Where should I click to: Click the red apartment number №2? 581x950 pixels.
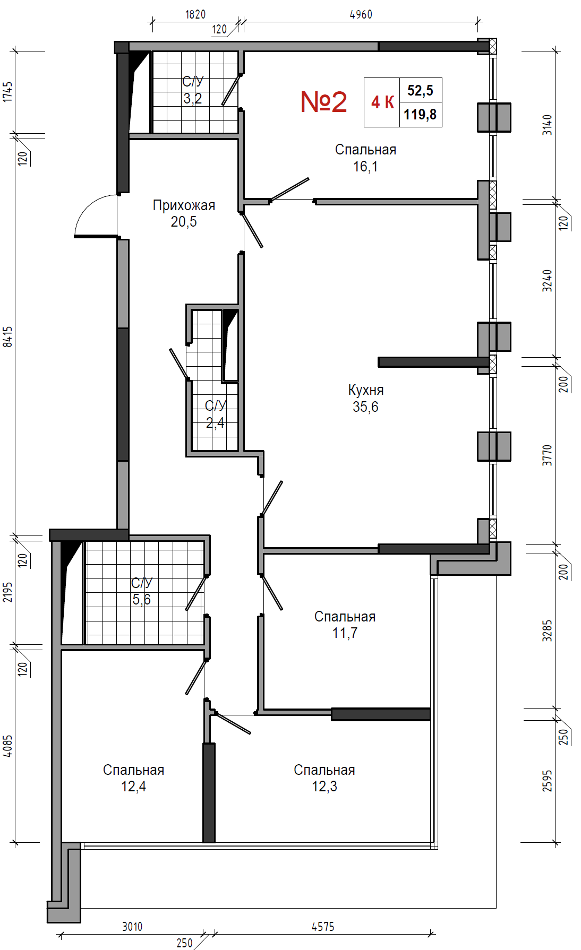coord(323,101)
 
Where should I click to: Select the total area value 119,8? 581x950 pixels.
coord(420,114)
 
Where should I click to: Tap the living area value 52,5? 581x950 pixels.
coord(420,91)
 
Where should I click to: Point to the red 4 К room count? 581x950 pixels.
coord(382,102)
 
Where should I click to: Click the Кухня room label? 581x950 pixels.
coord(366,390)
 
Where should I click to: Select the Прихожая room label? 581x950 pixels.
coord(184,205)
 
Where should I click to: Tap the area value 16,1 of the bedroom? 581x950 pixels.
coord(365,167)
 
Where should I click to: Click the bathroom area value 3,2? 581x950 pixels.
coord(193,99)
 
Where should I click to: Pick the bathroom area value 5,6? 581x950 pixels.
coord(141,600)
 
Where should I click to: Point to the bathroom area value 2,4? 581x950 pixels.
coord(215,423)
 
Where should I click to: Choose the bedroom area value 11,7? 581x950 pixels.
coord(345,633)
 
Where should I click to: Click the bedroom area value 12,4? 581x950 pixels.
coord(133,787)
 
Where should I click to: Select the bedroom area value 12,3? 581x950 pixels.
coord(324,787)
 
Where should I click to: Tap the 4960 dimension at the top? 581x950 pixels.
coord(361,14)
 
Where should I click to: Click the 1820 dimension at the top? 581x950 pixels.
coord(195,14)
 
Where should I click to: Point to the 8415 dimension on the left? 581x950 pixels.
coord(7,337)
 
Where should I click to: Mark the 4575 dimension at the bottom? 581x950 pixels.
coord(323,927)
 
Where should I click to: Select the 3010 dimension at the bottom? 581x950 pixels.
coord(132,927)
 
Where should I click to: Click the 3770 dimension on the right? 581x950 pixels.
coord(548,455)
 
